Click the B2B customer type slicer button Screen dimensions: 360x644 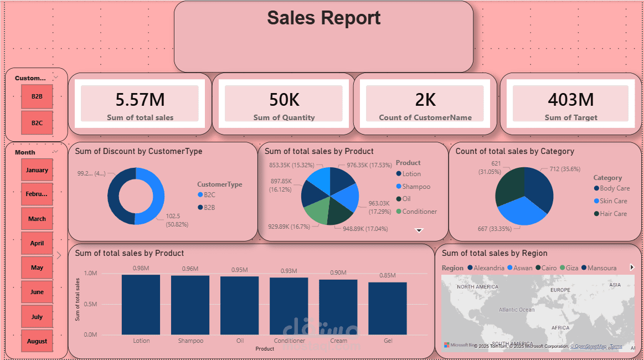click(x=37, y=96)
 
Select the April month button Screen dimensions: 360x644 click(x=37, y=243)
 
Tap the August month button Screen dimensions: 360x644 click(x=37, y=341)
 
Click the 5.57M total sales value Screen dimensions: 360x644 click(x=140, y=100)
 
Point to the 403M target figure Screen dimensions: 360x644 click(x=571, y=100)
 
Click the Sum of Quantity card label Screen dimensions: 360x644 click(x=284, y=117)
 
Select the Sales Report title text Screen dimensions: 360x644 click(x=324, y=18)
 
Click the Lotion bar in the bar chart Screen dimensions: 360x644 click(x=141, y=305)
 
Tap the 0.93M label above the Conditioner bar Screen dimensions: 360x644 click(x=289, y=270)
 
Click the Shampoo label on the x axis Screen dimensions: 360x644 click(x=190, y=341)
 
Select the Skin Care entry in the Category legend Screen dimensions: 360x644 click(x=613, y=201)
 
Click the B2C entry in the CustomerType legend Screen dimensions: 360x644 click(x=209, y=195)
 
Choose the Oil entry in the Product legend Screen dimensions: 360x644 click(x=406, y=199)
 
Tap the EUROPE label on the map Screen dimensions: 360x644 click(x=560, y=290)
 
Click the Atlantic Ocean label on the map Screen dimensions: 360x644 click(x=516, y=310)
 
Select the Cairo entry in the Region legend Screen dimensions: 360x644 click(x=549, y=268)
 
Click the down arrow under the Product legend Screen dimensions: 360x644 click(x=419, y=230)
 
